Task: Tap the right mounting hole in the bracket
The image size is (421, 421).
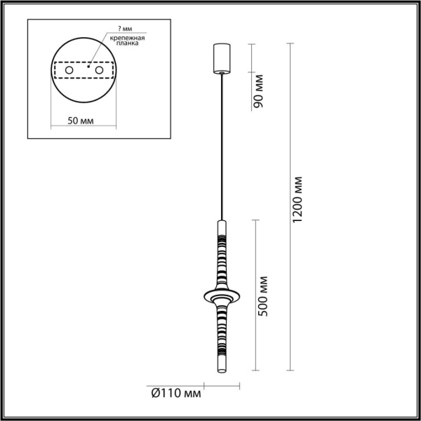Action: point(100,70)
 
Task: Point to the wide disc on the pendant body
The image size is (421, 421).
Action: point(222,295)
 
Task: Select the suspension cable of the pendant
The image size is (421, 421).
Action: point(222,140)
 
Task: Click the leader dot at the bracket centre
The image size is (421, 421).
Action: point(88,69)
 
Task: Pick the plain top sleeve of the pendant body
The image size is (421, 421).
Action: point(222,229)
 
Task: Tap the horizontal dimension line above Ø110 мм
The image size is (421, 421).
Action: point(222,385)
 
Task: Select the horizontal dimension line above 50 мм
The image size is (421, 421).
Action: point(83,128)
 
